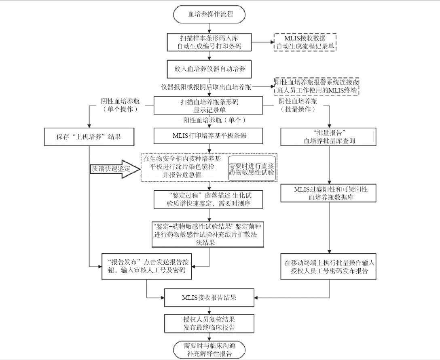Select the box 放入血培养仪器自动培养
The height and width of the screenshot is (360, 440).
tap(209, 68)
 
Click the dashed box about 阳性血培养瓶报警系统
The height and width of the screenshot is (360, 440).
tap(316, 86)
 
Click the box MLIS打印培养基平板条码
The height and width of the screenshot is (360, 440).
tap(209, 136)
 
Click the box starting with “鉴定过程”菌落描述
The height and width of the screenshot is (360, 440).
tap(209, 199)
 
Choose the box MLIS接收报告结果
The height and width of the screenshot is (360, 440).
tap(209, 298)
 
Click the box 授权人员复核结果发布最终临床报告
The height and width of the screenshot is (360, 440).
tap(209, 323)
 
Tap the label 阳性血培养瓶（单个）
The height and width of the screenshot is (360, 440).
tap(215, 120)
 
